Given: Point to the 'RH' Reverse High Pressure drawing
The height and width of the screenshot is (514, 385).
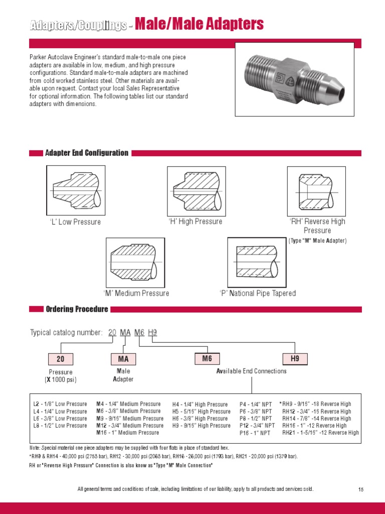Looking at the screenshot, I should coord(316,190).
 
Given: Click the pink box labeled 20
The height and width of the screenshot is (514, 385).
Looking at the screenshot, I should coord(61,359).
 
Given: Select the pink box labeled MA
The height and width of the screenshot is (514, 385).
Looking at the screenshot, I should coord(123,359).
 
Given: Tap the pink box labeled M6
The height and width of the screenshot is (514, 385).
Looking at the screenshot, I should coord(207,358).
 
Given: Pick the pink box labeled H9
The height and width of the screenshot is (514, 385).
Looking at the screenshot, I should coord(295,358).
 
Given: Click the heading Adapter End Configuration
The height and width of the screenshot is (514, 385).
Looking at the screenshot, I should coord(87,153).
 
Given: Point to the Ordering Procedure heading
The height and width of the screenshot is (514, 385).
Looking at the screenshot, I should coord(77,309).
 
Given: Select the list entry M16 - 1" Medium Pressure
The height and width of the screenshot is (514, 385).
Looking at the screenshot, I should coord(127,432).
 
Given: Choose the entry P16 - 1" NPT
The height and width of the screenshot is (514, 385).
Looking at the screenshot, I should coord(255,433).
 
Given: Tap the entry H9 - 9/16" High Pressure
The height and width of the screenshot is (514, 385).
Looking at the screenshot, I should coord(202,426).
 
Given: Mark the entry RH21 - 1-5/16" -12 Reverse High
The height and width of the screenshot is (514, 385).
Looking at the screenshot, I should coord(320,432).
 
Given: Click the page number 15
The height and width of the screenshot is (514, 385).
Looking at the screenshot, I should coord(360,489).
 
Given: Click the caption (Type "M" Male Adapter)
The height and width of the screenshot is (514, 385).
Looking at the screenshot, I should coord(317,241).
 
